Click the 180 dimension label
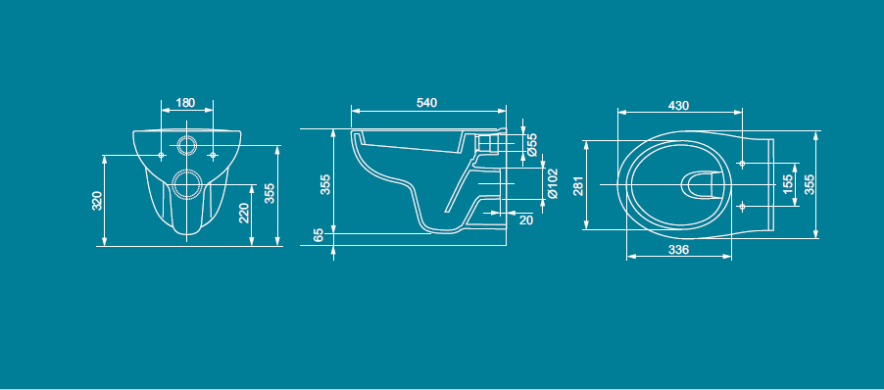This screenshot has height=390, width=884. [x=185, y=103]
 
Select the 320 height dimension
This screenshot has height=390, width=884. [x=96, y=201]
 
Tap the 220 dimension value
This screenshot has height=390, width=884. [x=244, y=214]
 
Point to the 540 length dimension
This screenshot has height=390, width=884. [x=426, y=103]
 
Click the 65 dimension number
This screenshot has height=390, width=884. [x=319, y=235]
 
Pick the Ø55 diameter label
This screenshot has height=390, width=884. [x=531, y=144]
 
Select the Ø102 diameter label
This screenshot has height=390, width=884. [x=553, y=183]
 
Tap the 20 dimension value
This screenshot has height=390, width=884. [x=525, y=219]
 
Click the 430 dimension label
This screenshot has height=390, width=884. [x=678, y=106]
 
